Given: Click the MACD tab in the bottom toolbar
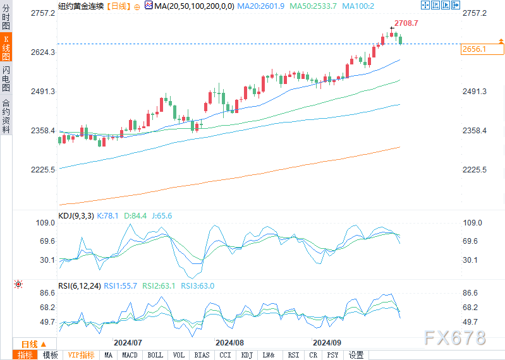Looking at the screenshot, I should (x=130, y=355).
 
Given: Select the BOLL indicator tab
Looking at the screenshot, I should (x=155, y=355).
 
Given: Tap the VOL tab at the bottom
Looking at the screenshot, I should (x=179, y=355).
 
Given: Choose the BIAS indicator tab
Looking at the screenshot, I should (x=202, y=355).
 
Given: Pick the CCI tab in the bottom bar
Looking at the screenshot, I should (x=225, y=355).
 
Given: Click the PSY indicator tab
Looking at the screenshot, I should (x=333, y=355).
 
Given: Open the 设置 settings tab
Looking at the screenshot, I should (x=356, y=355).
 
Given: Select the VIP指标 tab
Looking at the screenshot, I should (x=82, y=355).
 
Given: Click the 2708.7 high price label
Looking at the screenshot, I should (x=406, y=23).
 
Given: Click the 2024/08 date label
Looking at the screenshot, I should (x=229, y=342).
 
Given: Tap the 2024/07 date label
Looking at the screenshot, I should (x=128, y=342).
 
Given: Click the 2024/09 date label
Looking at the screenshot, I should (x=327, y=342).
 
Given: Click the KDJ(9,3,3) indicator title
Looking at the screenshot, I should (x=76, y=216).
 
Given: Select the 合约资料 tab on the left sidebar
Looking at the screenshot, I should (x=6, y=116).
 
